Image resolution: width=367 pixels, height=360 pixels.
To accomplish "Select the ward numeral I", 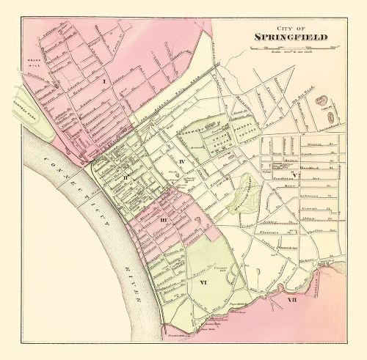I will pyautogui.click(x=105, y=80).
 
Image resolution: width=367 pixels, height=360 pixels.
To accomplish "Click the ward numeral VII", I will pyautogui.click(x=291, y=300).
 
